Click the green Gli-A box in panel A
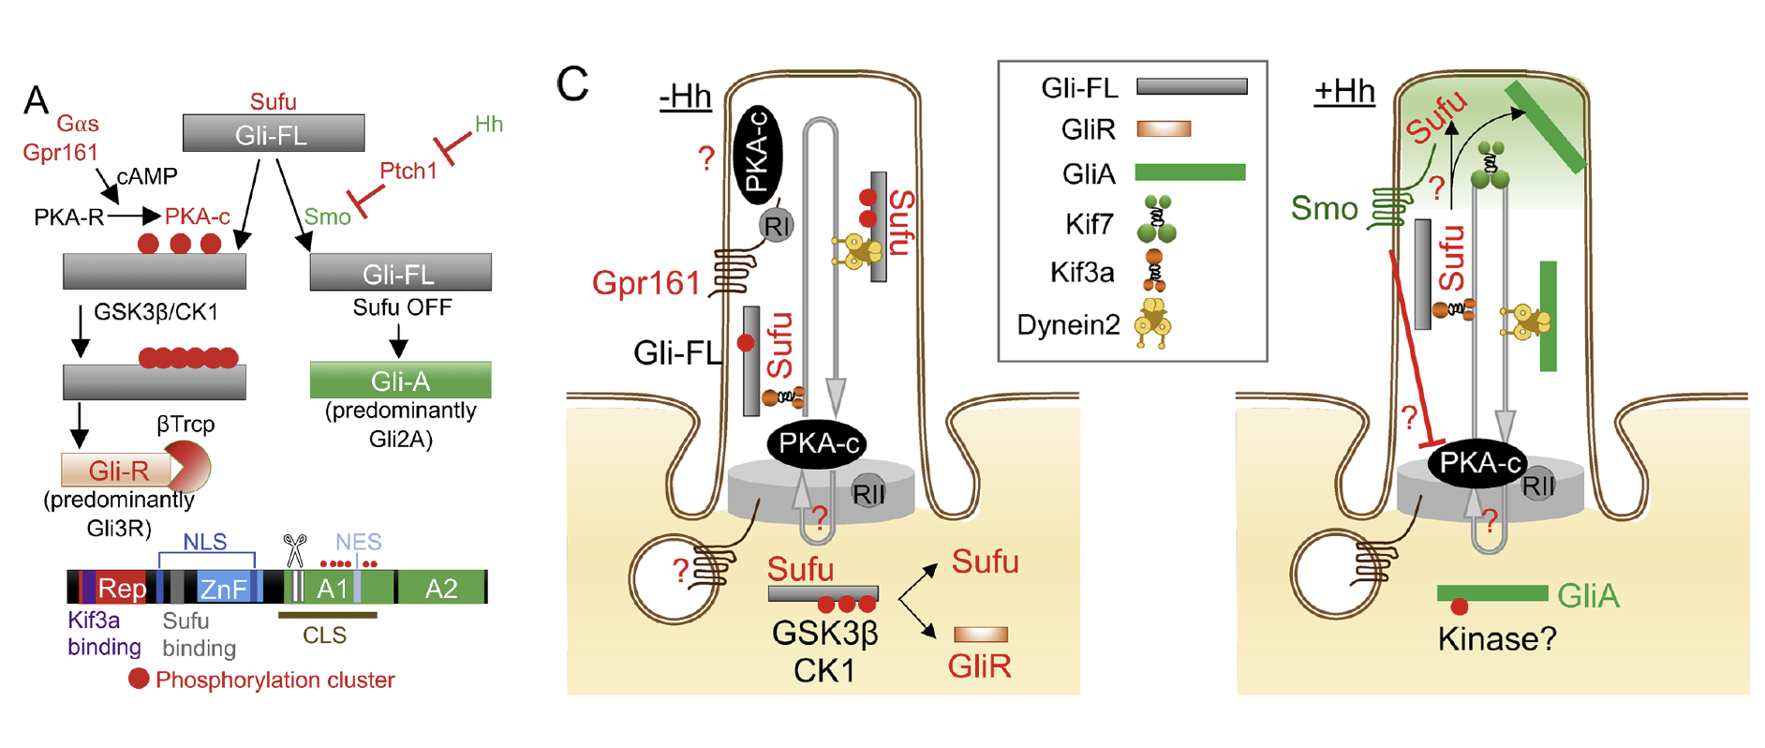(400, 381)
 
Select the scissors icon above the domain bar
(295, 550)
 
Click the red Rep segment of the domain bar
(121, 588)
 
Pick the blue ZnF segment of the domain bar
(224, 588)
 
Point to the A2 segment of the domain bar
(441, 588)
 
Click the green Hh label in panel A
(488, 124)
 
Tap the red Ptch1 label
(408, 171)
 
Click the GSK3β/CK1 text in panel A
(156, 312)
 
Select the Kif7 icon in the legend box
(1156, 219)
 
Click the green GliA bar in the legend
(1190, 172)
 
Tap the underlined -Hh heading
(685, 97)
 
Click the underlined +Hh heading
(1343, 92)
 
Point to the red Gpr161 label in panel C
(645, 282)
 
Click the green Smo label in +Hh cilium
(1324, 208)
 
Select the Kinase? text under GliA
(1496, 639)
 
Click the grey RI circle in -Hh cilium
(776, 225)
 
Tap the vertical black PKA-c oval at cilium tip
(757, 155)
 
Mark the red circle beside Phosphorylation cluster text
(139, 679)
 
